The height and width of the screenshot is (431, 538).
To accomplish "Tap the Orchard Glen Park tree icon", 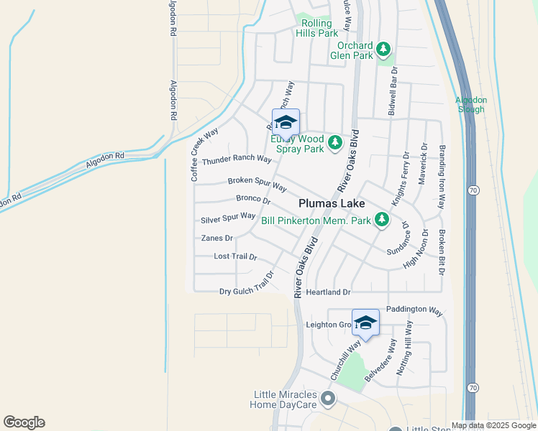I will click(x=384, y=49).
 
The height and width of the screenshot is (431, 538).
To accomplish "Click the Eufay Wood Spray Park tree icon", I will click(x=334, y=144).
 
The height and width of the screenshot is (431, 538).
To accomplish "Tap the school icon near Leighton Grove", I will click(x=365, y=323).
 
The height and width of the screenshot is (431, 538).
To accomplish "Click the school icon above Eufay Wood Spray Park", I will click(x=286, y=123).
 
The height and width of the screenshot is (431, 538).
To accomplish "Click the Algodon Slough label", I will click(x=471, y=104).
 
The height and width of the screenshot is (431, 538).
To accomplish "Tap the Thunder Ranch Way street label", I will click(x=237, y=159).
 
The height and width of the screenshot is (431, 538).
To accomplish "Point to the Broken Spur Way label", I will click(x=257, y=183).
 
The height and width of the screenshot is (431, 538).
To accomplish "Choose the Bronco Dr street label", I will click(x=253, y=198).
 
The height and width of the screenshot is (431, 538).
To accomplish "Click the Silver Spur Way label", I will click(x=228, y=216).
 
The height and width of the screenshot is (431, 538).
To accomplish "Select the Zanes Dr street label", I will click(x=217, y=238).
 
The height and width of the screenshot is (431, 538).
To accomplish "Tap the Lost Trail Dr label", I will click(x=235, y=256).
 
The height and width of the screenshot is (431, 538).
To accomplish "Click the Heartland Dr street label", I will click(x=327, y=292).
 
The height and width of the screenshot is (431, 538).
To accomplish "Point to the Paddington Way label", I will click(x=414, y=310).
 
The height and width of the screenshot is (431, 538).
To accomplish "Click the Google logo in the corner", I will click(x=24, y=422).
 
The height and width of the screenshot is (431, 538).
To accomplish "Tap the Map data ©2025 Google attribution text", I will click(x=493, y=425).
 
